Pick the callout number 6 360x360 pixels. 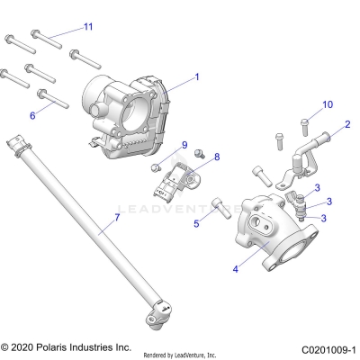(33, 115)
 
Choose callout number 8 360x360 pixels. (216, 157)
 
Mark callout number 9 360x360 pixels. (185, 144)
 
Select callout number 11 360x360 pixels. (87, 27)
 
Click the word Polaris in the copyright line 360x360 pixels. (58, 346)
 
